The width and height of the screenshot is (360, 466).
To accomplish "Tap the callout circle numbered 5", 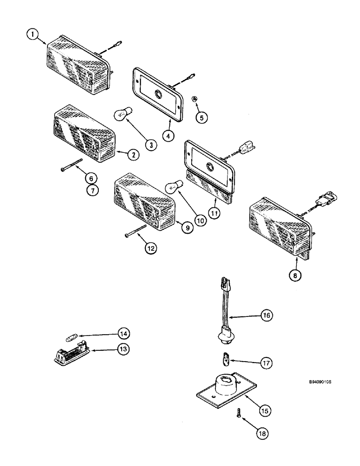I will pos(201,117).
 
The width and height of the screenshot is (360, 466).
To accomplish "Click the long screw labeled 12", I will pos(136,231).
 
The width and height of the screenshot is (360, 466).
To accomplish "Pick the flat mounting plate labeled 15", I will pos(226,385).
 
